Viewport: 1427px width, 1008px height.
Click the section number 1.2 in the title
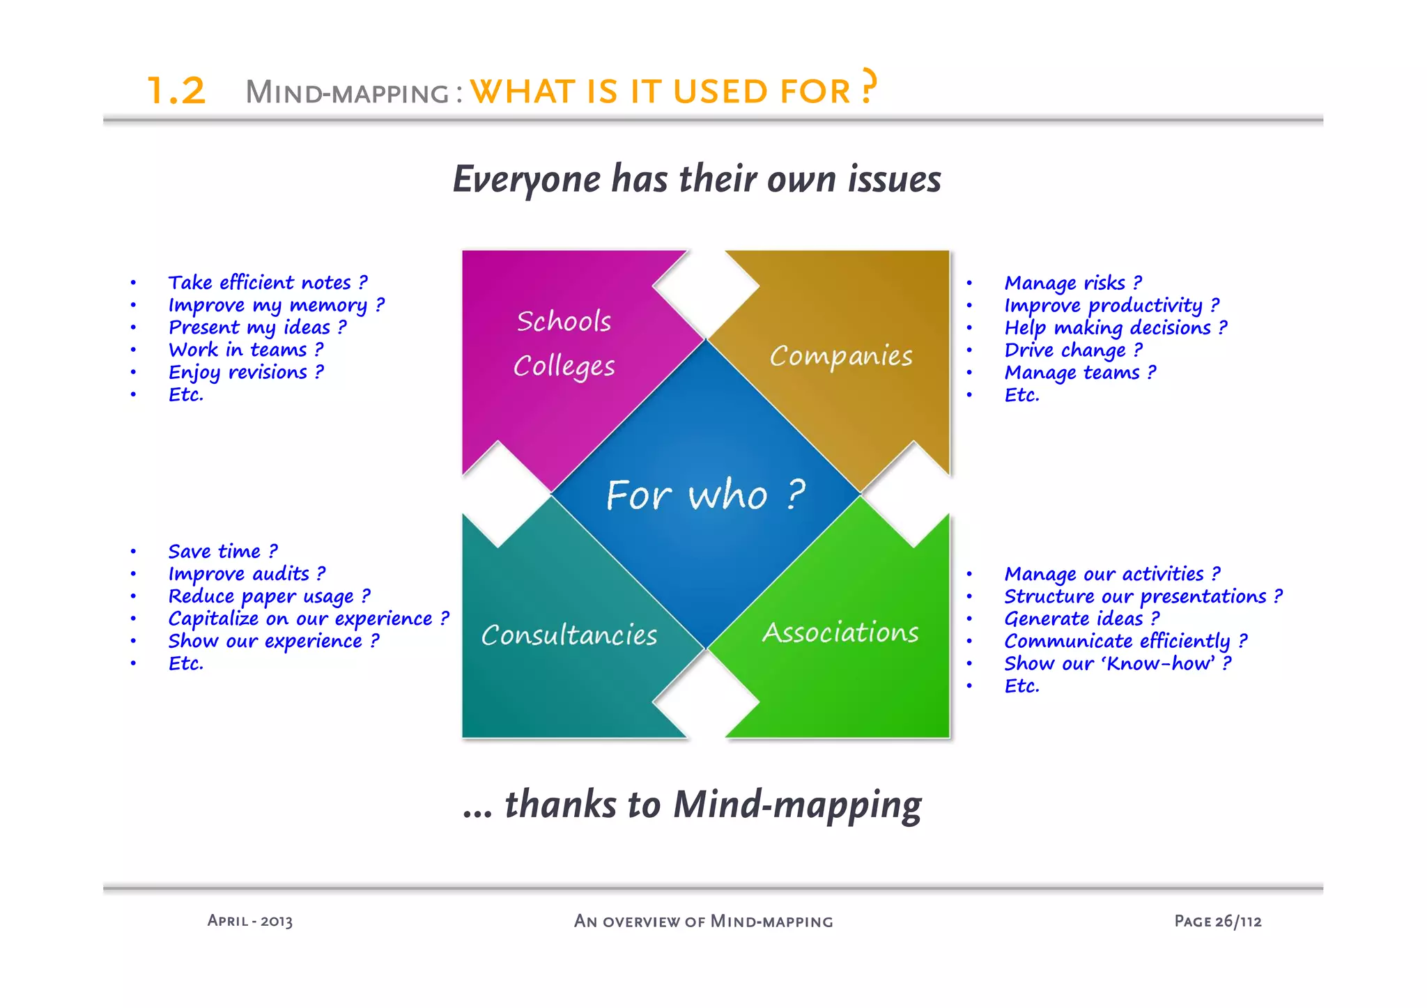coord(176,91)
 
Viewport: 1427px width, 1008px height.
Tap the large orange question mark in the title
coord(868,86)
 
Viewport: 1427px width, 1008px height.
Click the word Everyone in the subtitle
coord(527,180)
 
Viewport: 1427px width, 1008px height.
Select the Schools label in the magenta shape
coord(564,321)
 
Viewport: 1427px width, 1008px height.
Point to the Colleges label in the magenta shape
coord(564,366)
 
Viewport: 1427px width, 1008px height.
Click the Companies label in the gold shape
coord(841,356)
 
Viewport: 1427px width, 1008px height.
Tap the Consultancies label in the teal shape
coord(569,635)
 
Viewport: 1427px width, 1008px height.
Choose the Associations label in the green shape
coord(840,633)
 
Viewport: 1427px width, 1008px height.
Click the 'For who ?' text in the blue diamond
coord(706,495)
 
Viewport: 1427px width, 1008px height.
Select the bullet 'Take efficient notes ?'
coord(268,283)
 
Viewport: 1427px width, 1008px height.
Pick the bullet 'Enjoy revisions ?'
coord(246,373)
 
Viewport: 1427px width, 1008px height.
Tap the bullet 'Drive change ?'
coord(1073,350)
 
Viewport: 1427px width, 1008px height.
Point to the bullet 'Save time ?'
coord(223,552)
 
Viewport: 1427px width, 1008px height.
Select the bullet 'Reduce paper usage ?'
coord(269,597)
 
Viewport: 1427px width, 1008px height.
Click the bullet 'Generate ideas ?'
coord(1081,619)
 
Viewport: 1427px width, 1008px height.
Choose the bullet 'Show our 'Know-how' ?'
coord(1118,664)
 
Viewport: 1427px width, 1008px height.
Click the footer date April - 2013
coord(250,921)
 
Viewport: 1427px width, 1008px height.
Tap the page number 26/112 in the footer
coord(1238,921)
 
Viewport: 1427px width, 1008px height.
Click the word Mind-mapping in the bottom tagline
coord(797,805)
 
